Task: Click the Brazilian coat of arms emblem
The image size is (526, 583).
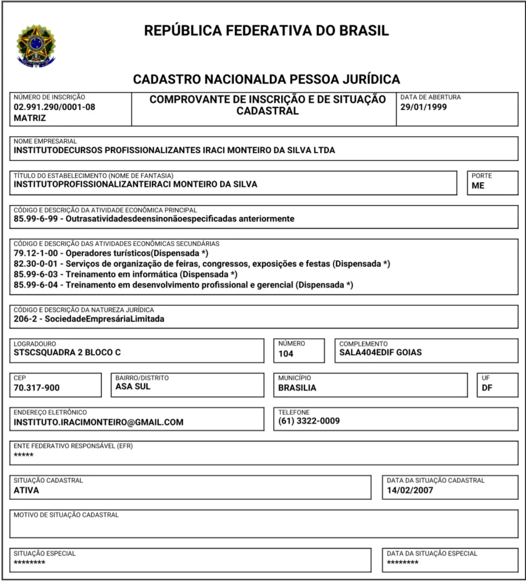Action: click(x=36, y=46)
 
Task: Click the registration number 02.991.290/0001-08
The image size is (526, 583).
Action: click(x=55, y=106)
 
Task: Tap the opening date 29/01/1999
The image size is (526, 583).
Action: click(x=424, y=106)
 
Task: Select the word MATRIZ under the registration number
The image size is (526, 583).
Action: click(x=30, y=118)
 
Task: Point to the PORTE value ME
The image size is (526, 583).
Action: click(x=478, y=185)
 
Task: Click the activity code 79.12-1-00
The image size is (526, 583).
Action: click(x=38, y=252)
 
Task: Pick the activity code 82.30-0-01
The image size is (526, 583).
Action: click(x=38, y=263)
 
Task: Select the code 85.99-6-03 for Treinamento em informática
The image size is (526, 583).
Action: click(x=38, y=274)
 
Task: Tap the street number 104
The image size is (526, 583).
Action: click(x=286, y=354)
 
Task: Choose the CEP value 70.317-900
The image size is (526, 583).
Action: click(x=36, y=388)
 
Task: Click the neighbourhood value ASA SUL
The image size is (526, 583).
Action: click(x=133, y=387)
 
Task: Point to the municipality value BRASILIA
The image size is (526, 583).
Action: click(x=297, y=388)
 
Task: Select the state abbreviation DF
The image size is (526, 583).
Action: click(x=487, y=388)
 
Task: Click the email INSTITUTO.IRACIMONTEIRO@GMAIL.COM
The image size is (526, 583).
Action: click(x=98, y=422)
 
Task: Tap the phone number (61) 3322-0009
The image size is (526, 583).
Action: click(x=309, y=421)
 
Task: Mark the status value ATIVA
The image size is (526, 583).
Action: click(x=26, y=490)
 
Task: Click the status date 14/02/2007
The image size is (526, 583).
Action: click(x=410, y=490)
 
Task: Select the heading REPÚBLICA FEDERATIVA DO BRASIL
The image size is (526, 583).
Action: click(x=266, y=31)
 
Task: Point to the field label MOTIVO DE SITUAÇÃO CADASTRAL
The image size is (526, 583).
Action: click(x=66, y=515)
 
